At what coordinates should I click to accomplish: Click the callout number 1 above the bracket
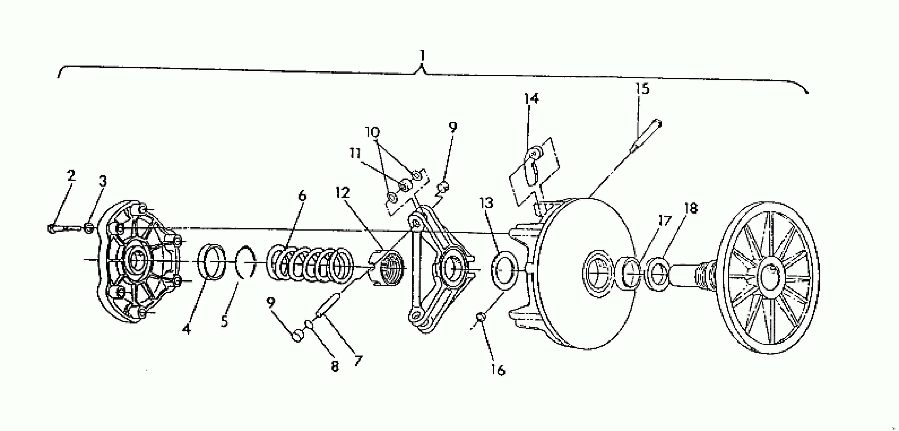coord(422,56)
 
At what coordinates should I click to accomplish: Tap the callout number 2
coord(71,175)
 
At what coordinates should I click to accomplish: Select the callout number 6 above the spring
coord(302,196)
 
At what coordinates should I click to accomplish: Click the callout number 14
coord(531,99)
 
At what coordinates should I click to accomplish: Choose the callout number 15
coord(642,89)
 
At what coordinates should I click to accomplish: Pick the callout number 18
coord(691,208)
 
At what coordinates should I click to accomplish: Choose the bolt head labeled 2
coord(52,229)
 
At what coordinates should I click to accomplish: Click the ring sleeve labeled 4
coord(212,262)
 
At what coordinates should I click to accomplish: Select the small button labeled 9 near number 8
coord(298,335)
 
